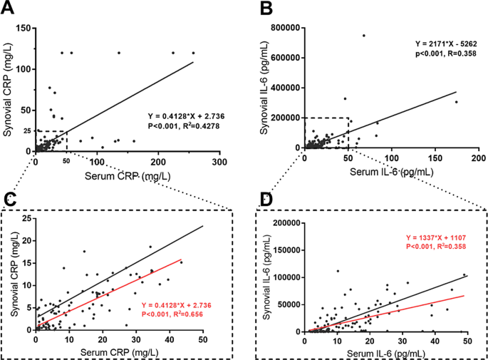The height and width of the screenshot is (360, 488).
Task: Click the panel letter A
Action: tap(9, 9)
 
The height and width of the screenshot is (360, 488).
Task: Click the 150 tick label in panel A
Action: tap(21, 28)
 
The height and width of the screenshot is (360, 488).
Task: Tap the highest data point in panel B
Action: tap(363, 35)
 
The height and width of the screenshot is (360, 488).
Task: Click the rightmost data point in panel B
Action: tap(457, 101)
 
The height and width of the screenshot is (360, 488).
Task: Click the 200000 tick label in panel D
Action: tap(283, 222)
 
